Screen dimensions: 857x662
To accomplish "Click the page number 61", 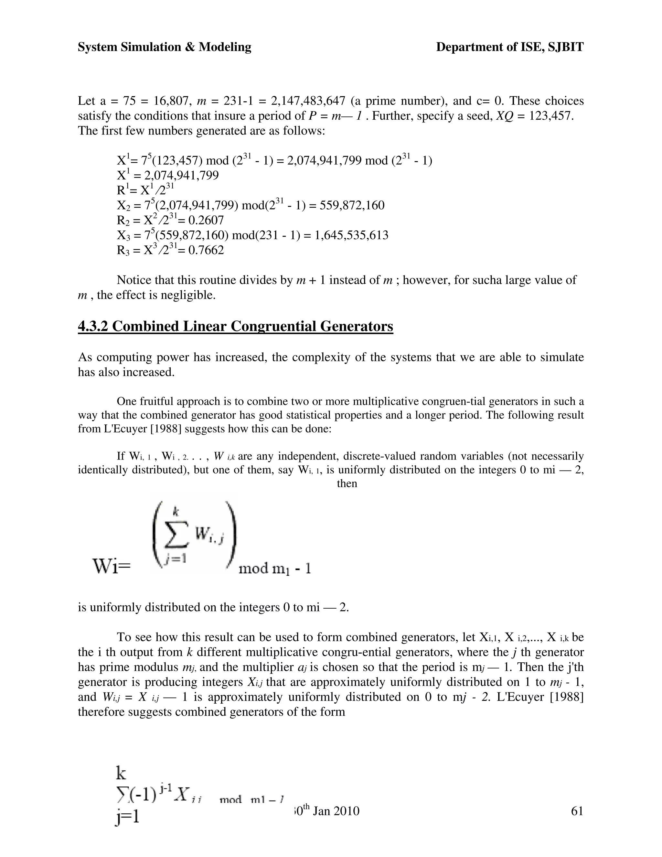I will click(577, 811).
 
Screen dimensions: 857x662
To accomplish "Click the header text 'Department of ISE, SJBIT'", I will click(509, 47).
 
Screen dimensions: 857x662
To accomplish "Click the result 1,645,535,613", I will click(351, 235).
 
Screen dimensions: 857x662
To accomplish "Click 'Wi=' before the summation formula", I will click(111, 567).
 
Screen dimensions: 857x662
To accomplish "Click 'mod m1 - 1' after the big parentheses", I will click(274, 569).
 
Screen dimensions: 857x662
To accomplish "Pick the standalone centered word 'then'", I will click(347, 483).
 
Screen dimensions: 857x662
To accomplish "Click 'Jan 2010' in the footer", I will click(336, 811).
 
